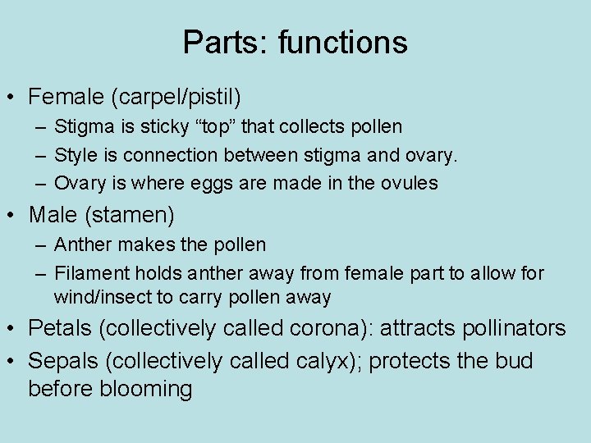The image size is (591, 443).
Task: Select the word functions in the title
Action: coord(342,42)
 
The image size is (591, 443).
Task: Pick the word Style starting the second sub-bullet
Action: coord(74,155)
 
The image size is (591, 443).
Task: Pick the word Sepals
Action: coord(64,360)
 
